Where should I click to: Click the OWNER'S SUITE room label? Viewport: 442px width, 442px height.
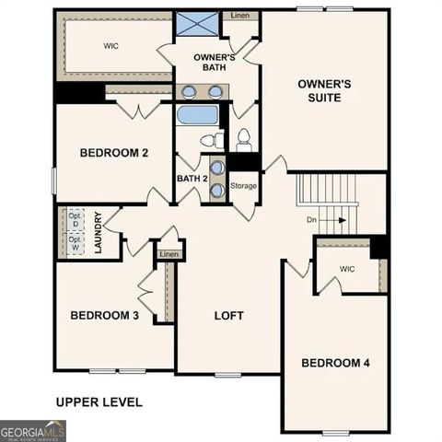[x=325, y=89]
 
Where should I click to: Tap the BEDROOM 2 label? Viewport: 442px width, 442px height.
[x=113, y=153]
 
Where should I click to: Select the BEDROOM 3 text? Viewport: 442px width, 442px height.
[x=105, y=315]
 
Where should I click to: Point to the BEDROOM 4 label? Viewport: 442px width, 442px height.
[x=335, y=363]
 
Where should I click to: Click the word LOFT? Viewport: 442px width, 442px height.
[x=229, y=315]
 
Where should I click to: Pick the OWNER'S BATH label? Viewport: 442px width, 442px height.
[x=215, y=63]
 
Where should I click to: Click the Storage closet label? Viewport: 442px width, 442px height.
[x=243, y=186]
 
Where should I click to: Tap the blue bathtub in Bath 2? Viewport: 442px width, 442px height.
[x=197, y=115]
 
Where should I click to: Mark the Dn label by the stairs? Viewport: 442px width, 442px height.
[x=313, y=220]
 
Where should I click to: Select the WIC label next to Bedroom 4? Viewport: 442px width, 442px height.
[x=346, y=269]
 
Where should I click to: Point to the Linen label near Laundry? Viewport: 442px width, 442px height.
[x=169, y=254]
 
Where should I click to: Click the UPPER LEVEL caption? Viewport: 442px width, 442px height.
[x=99, y=401]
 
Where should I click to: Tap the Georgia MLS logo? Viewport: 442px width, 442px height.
[x=33, y=431]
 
